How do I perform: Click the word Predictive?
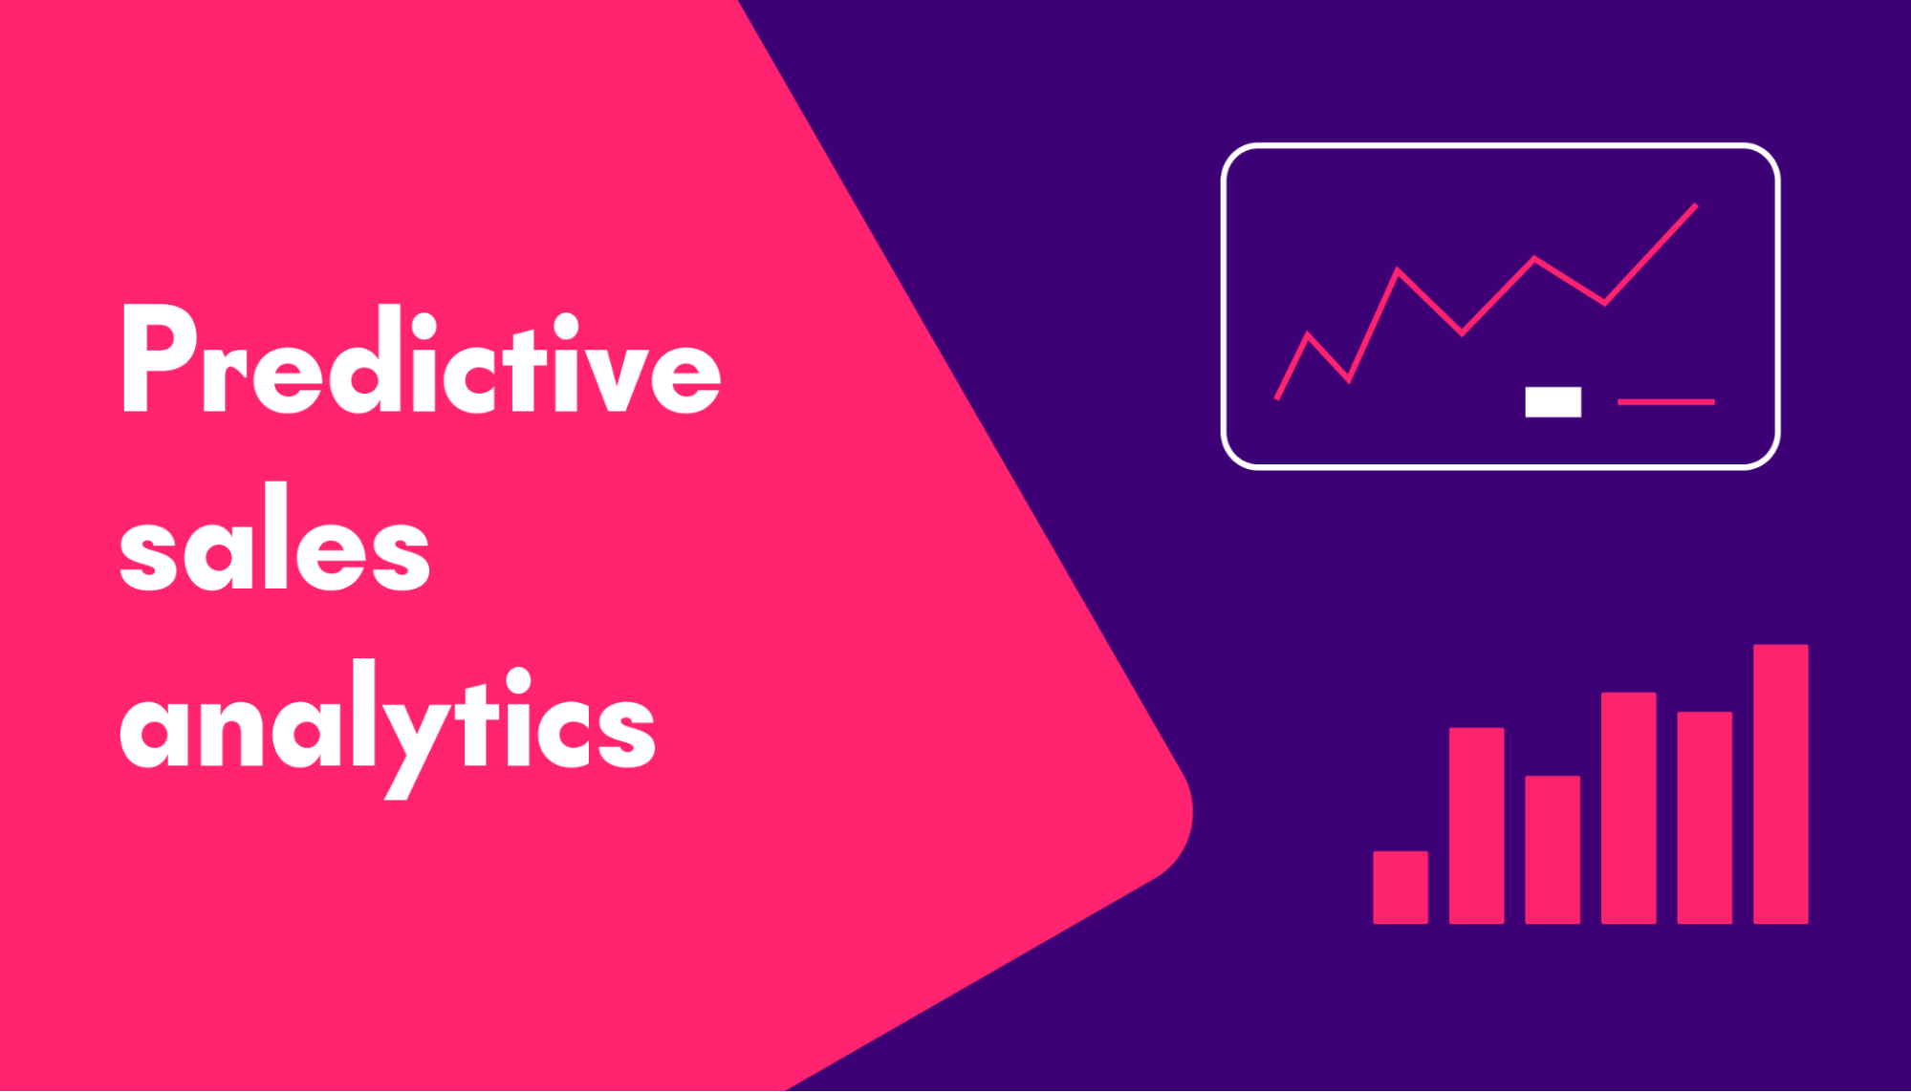click(421, 361)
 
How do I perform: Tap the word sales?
click(274, 539)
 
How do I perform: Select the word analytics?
click(387, 722)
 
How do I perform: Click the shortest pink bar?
click(1400, 888)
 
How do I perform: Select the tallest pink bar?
click(1780, 784)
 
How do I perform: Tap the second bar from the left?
click(1476, 826)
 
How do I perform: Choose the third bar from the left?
click(1553, 849)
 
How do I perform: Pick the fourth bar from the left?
click(1628, 808)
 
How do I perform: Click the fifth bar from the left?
click(1705, 818)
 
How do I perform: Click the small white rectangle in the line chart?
click(1553, 401)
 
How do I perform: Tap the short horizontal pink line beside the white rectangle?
click(1665, 402)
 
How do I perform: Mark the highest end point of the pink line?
click(1695, 205)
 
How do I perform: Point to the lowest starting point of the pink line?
click(1277, 397)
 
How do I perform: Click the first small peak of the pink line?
click(1308, 334)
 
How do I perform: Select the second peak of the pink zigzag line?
click(1398, 269)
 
